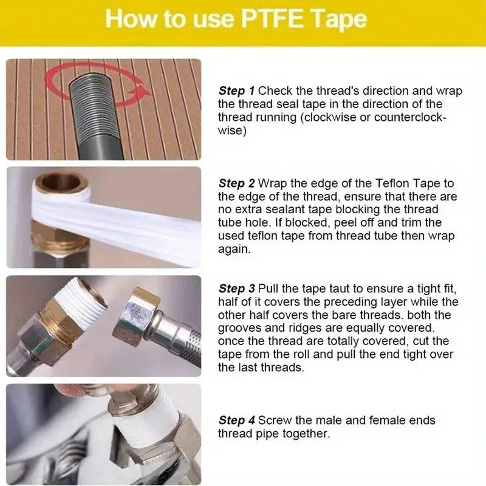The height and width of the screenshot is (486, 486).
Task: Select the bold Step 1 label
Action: (237, 91)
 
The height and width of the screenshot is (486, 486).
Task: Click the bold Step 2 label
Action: (237, 183)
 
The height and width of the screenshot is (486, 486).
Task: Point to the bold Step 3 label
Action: (237, 288)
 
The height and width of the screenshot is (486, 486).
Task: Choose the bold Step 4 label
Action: (237, 420)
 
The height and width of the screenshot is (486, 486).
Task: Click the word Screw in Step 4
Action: (273, 420)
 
